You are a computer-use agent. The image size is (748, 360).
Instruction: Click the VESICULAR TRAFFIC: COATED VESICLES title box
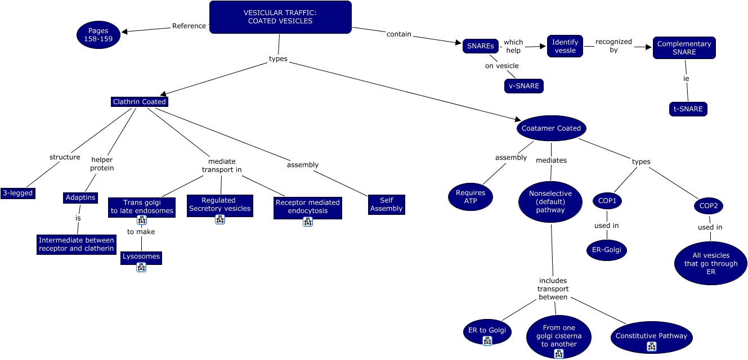coord(280,17)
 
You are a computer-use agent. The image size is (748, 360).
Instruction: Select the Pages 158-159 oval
coord(98,35)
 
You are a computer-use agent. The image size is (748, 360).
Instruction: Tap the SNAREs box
coord(481,46)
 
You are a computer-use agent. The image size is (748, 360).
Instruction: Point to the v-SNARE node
coord(524,86)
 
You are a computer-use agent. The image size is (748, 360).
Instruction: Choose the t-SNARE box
coord(688,109)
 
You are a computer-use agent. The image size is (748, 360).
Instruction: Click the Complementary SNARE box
coord(684,48)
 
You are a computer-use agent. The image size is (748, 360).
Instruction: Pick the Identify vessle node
coord(565,46)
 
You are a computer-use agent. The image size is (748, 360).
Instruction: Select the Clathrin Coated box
coord(140,102)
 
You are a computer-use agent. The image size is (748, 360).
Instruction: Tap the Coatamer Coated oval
coord(551,128)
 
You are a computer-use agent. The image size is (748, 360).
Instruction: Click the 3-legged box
coord(17,193)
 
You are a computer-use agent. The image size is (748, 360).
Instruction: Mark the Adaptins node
coord(80,197)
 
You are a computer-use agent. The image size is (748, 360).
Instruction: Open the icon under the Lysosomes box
coord(141,268)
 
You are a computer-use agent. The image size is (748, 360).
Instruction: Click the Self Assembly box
coord(386,204)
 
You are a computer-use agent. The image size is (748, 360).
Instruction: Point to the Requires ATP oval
coord(471,197)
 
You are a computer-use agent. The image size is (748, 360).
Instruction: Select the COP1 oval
coord(607,201)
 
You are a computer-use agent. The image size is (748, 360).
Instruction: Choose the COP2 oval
coord(708,206)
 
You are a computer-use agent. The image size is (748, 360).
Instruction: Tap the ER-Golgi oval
coord(606,250)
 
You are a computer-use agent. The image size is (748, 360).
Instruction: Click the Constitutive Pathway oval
coord(651,336)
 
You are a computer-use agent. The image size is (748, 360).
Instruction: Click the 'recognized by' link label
coord(613,46)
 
